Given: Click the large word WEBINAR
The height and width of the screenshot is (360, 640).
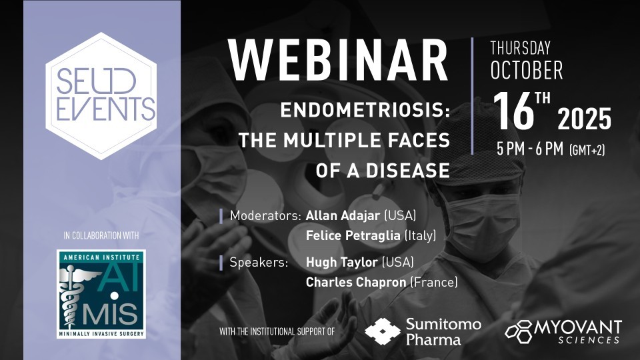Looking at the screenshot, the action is coord(339,61).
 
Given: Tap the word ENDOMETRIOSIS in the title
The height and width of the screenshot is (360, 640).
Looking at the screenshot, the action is coord(365,110).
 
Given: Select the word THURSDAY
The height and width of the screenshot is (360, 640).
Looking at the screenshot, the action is coord(521,48).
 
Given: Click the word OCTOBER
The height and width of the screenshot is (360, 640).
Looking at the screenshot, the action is coord(527,70).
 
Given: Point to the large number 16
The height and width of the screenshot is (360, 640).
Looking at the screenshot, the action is coord(513,111).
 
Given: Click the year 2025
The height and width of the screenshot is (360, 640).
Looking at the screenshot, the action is coord(585,119).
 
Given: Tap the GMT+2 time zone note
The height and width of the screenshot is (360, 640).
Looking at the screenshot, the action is coord(587,150).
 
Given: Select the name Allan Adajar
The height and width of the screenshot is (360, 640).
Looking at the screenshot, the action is coord(343,215).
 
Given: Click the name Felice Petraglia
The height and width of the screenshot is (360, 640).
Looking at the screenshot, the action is coord(353,235).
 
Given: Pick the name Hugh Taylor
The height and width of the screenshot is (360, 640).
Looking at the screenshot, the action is coord(341,262).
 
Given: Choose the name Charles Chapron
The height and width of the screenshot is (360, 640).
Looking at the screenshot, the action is coord(356,282).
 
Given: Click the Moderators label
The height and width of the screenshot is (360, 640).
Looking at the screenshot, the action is coord(265,215).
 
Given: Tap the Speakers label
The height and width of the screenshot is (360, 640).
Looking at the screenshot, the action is coord(259,262).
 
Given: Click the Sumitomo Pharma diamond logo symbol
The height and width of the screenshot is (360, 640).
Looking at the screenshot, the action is coord(383,331).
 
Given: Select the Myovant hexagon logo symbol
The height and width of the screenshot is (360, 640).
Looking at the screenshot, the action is coord(519,331).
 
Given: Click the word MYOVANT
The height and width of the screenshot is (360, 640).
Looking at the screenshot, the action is coord(578,327).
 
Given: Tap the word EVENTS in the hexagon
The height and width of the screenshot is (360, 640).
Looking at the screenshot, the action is coord(106,109).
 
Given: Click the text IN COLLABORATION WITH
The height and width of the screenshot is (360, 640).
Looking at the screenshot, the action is coord(101,235).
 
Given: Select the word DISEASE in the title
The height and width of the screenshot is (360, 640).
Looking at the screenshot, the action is coord(408,171).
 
